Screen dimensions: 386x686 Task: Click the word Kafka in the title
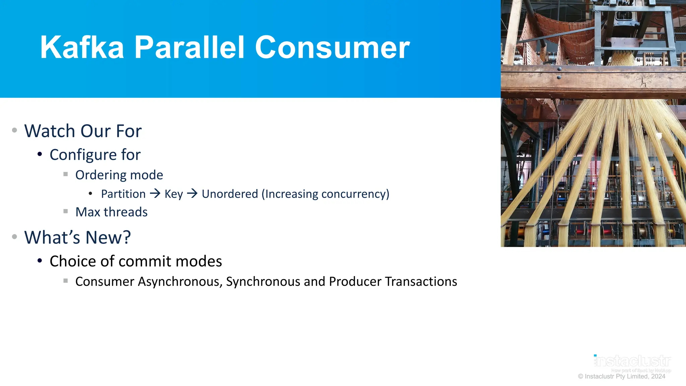click(82, 48)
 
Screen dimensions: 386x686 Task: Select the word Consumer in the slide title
click(332, 48)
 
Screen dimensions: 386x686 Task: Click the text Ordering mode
click(119, 175)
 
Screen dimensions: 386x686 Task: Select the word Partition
click(123, 194)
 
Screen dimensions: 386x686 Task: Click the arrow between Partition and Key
click(155, 193)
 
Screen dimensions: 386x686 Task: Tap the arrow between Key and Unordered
click(192, 193)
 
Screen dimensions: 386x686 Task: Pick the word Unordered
click(230, 194)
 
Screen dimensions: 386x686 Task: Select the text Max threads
click(111, 212)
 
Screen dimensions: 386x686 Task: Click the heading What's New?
click(77, 238)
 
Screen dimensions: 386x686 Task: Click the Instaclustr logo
click(632, 361)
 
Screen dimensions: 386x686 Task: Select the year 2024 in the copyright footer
click(658, 376)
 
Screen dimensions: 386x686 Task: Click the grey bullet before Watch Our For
click(14, 130)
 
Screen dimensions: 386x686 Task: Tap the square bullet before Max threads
click(66, 211)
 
